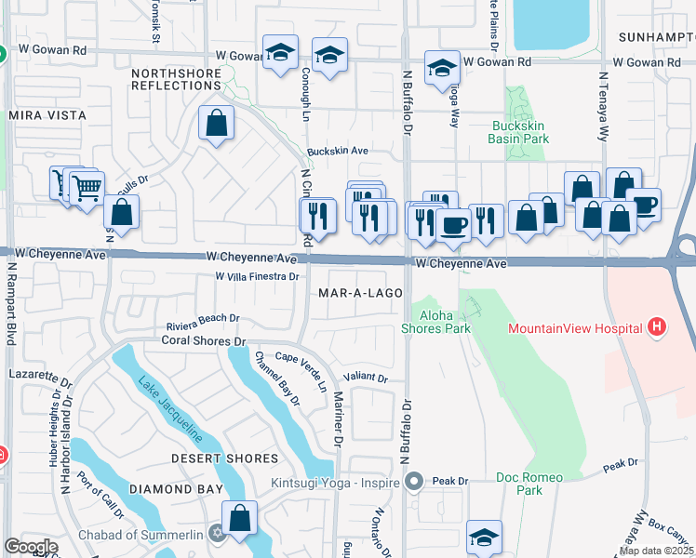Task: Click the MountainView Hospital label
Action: (575, 328)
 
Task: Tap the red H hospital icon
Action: (657, 327)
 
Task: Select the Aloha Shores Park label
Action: (435, 322)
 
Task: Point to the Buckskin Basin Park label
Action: (518, 132)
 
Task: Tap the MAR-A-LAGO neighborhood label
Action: (360, 293)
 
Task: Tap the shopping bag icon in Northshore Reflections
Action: (216, 123)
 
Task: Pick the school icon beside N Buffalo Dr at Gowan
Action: (441, 67)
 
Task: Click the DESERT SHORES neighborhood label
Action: (224, 458)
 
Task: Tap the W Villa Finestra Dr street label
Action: (256, 276)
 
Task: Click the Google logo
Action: (31, 547)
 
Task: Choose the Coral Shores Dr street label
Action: (203, 341)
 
